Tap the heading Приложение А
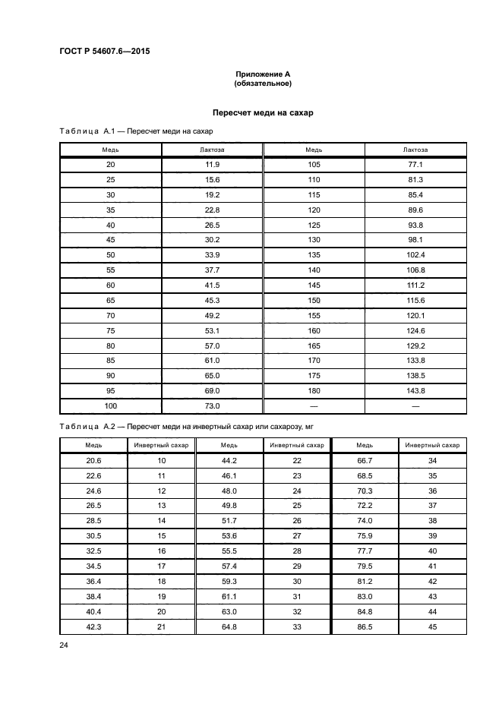263,74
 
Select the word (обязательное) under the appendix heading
263,84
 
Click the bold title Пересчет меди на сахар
263,112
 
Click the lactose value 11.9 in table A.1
212,165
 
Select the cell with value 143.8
415,390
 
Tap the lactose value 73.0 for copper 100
212,405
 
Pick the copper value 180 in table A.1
314,390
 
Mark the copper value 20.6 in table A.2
93,461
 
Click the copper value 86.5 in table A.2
365,626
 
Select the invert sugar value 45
432,626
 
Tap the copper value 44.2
229,461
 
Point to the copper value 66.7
365,461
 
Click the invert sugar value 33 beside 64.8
297,626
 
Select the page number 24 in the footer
64,645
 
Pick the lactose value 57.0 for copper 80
212,345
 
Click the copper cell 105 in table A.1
314,165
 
